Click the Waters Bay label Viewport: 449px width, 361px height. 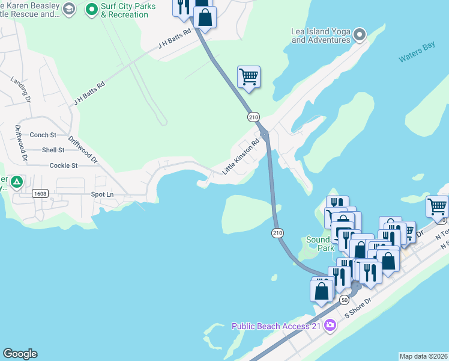418,53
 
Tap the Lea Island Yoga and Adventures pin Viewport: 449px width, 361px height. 360,34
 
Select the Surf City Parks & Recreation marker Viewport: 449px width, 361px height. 92,9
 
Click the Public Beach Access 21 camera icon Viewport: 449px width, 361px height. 330,326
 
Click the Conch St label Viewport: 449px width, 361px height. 43,135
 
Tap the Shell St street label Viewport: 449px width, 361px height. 53,150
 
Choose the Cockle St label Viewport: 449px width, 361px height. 64,165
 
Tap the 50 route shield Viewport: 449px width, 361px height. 344,299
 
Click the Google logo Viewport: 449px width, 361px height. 20,354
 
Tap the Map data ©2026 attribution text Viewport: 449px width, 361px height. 423,356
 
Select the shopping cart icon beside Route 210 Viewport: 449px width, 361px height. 249,77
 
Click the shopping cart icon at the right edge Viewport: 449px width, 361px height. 438,206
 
